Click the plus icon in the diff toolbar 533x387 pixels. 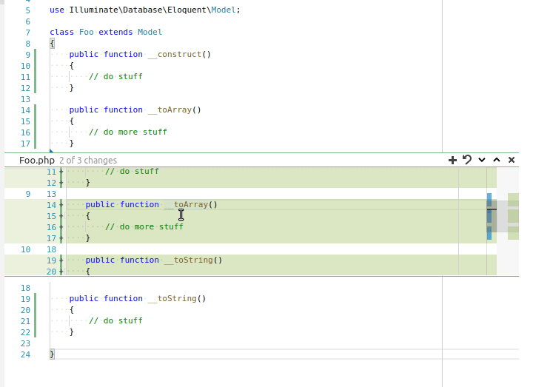pyautogui.click(x=452, y=160)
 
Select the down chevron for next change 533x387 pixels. pyautogui.click(x=482, y=160)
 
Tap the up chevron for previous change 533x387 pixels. pyautogui.click(x=497, y=160)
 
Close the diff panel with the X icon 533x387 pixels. pyautogui.click(x=512, y=160)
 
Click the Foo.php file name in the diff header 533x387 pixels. pyautogui.click(x=37, y=161)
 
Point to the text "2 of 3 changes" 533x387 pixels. pyautogui.click(x=88, y=161)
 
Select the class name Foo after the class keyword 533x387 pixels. pyautogui.click(x=87, y=32)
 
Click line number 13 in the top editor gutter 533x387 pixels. pyautogui.click(x=25, y=99)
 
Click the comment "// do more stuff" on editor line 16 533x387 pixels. pyautogui.click(x=128, y=132)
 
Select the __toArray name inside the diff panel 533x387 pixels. pyautogui.click(x=186, y=204)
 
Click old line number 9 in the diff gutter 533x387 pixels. pyautogui.click(x=28, y=194)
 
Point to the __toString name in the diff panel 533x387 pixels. pyautogui.click(x=188, y=260)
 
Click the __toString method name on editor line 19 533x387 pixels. pyautogui.click(x=172, y=299)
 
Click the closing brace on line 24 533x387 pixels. pyautogui.click(x=52, y=354)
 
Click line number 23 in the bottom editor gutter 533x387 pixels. pyautogui.click(x=25, y=343)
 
